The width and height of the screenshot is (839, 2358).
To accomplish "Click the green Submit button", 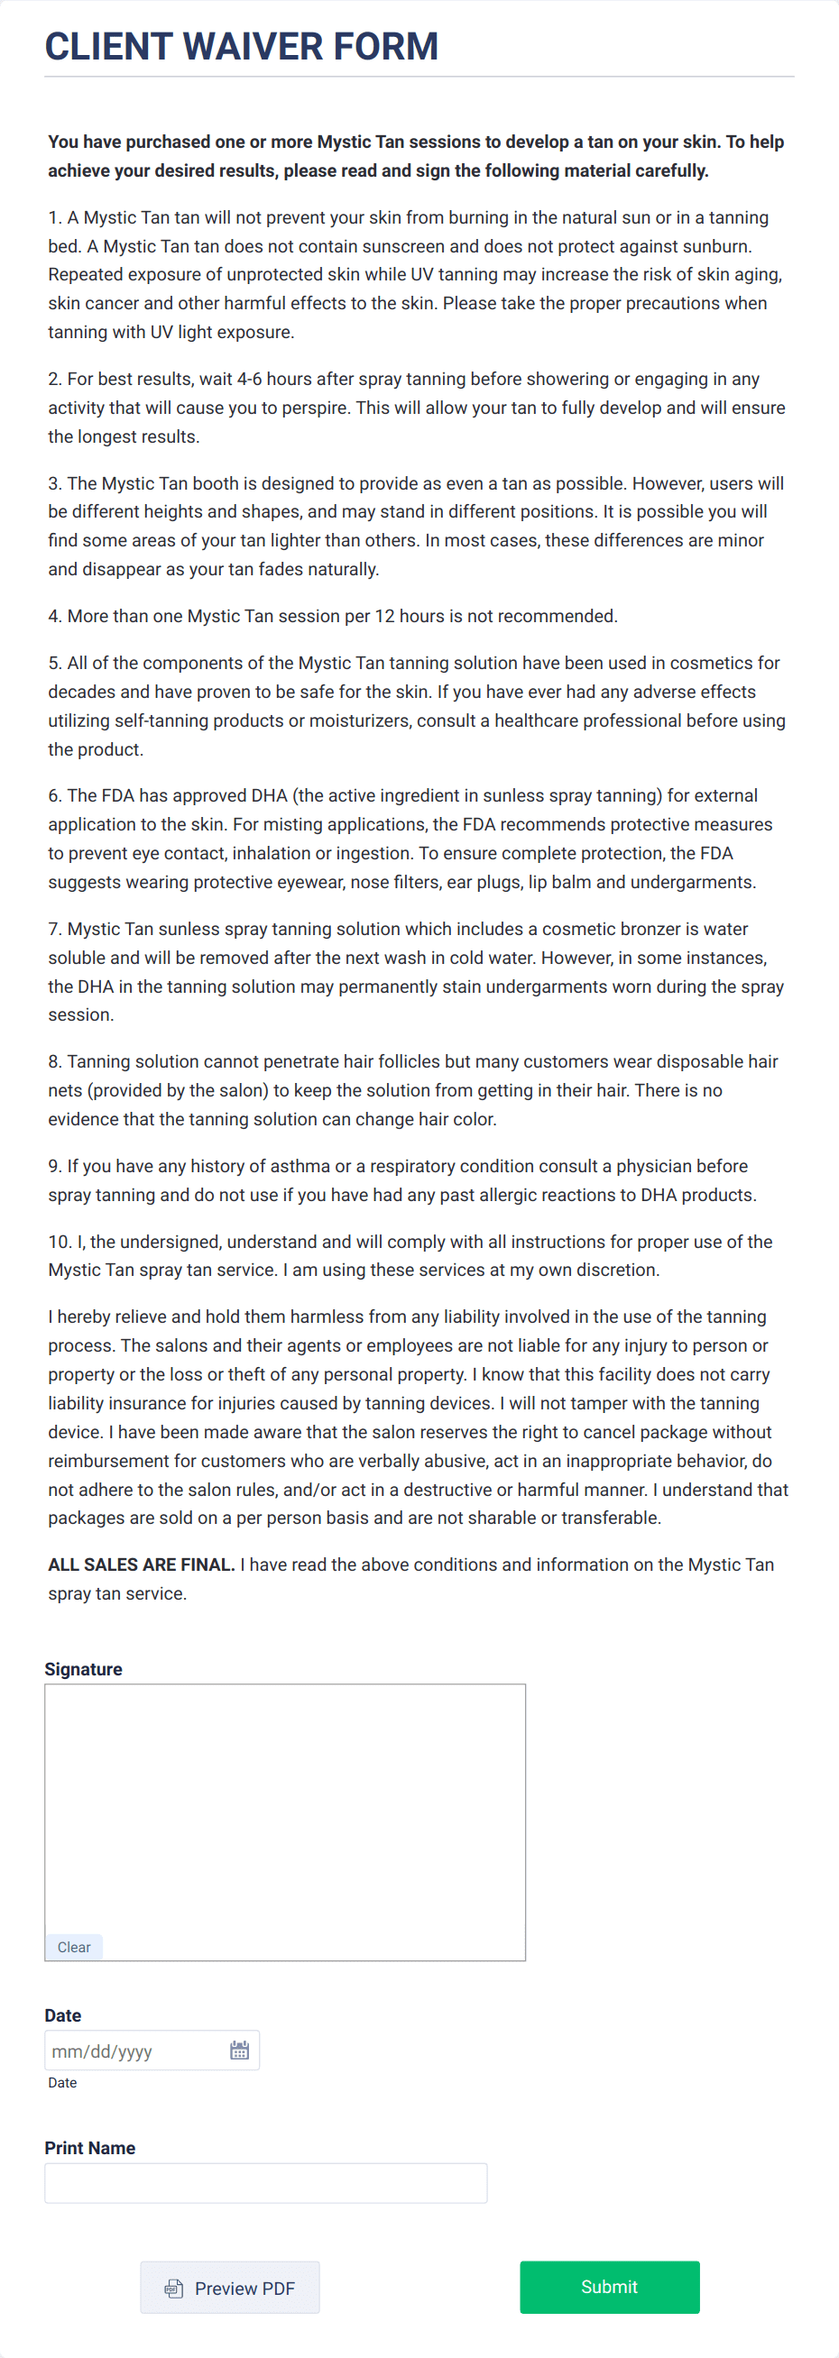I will [x=609, y=2287].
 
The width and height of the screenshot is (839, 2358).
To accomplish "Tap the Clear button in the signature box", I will [x=73, y=1947].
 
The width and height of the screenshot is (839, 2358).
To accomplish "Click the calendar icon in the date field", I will [x=239, y=2051].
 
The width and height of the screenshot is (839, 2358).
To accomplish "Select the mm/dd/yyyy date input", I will [x=128, y=2051].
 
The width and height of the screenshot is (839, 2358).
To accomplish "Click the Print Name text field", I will [x=265, y=2183].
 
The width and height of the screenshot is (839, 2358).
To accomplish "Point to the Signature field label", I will [x=83, y=1669].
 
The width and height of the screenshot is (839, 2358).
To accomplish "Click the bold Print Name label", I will [x=89, y=2148].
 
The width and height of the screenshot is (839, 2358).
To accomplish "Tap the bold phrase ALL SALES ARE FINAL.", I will [x=141, y=1564].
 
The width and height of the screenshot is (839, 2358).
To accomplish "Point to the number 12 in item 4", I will [x=383, y=616].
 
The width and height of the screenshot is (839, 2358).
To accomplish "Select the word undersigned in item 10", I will [x=169, y=1242].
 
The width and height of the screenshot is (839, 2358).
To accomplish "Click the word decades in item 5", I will [x=80, y=692].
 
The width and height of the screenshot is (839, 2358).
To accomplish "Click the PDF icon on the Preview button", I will [x=173, y=2289].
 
